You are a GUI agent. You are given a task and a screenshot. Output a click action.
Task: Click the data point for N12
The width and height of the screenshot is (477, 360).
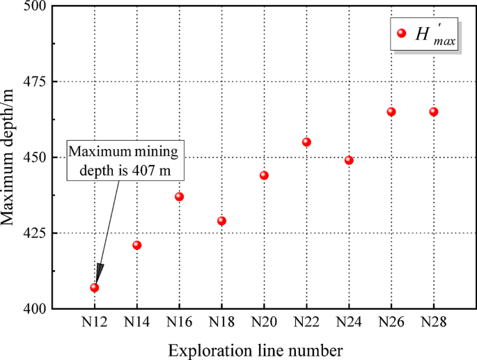click(94, 288)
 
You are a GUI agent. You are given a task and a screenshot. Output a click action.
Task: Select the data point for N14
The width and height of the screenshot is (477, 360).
click(136, 245)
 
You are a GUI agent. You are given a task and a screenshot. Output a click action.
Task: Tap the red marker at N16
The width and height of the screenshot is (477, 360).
click(179, 196)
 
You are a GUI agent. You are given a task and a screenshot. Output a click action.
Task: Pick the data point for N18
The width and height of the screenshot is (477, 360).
click(221, 221)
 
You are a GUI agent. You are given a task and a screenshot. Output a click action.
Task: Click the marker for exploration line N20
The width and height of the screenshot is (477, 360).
click(264, 175)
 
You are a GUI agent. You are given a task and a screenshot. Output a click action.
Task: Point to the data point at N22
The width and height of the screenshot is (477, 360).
click(306, 142)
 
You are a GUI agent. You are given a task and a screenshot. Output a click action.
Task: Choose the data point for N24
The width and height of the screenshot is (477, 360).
click(349, 160)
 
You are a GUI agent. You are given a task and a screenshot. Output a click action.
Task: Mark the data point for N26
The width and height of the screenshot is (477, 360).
click(391, 111)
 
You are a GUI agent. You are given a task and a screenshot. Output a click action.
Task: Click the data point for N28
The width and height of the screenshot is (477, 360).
click(434, 111)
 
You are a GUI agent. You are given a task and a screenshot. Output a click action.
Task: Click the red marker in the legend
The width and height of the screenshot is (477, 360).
click(400, 33)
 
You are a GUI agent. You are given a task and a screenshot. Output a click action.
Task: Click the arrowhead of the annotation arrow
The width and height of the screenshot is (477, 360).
click(98, 273)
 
